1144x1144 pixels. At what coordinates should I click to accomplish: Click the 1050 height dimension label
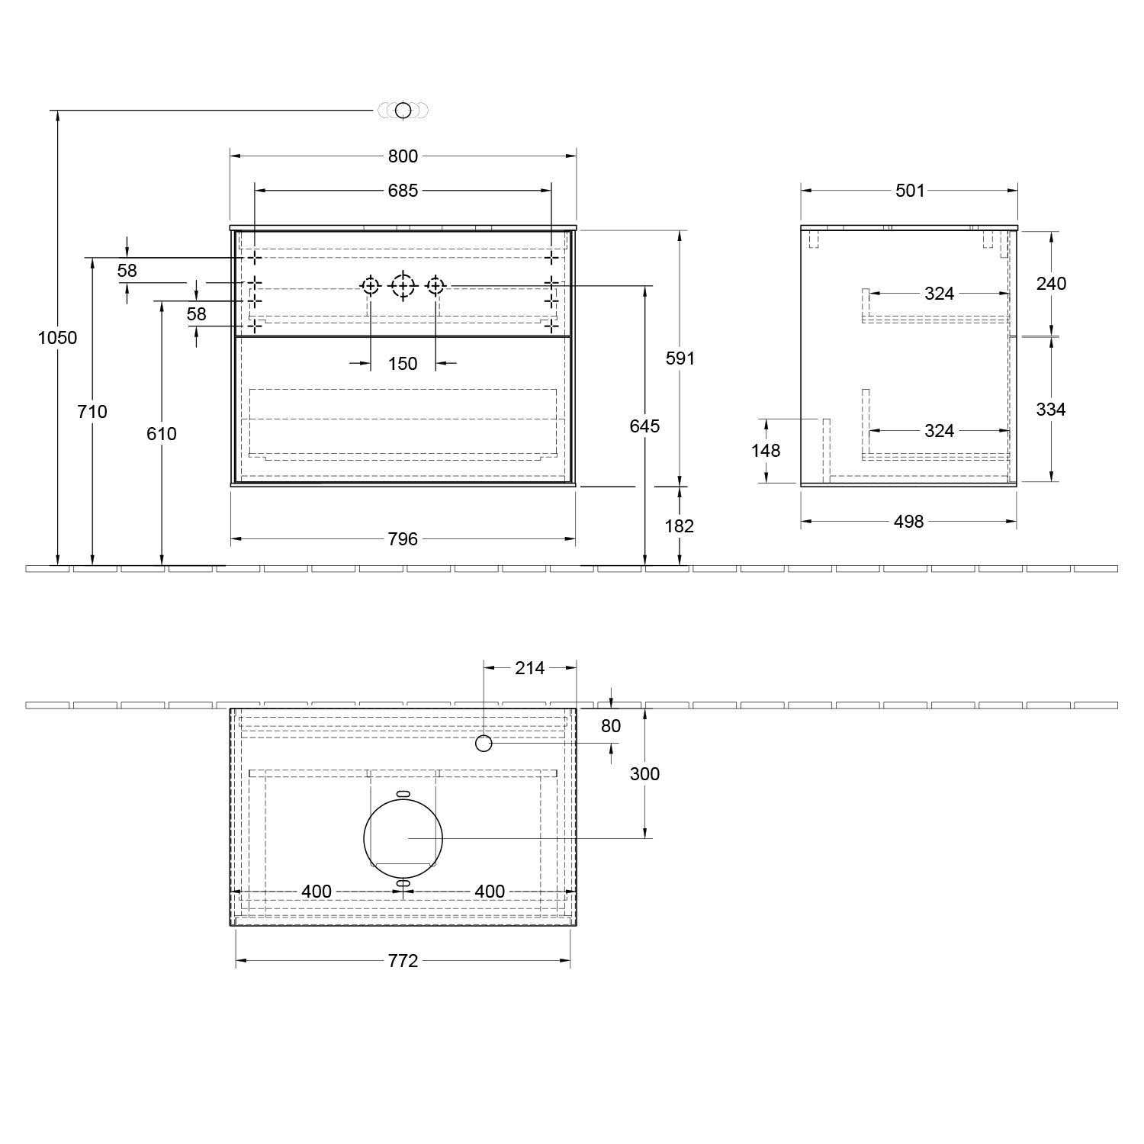click(x=58, y=337)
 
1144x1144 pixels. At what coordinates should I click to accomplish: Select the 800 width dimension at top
click(x=403, y=156)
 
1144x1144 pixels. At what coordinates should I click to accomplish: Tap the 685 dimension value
click(x=403, y=191)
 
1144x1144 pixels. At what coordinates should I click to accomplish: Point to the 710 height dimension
click(x=92, y=412)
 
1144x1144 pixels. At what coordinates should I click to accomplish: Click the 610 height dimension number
click(x=162, y=434)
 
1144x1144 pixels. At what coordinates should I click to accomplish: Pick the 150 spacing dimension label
click(x=403, y=364)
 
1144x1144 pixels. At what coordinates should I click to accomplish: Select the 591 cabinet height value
click(x=680, y=358)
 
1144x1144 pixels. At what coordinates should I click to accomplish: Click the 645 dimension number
click(x=645, y=426)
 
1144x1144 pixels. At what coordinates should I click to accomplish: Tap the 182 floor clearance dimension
click(x=680, y=525)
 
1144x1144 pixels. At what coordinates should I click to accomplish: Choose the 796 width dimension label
click(x=403, y=539)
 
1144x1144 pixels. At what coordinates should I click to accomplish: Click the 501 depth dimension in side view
click(x=910, y=191)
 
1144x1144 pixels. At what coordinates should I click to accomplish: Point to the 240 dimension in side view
click(x=1051, y=284)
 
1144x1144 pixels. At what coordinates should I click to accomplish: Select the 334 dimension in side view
click(x=1051, y=410)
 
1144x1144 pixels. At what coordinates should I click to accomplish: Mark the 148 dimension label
click(x=766, y=451)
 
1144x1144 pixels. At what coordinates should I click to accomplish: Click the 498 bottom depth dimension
click(x=908, y=522)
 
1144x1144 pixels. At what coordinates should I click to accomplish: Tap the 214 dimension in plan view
click(x=530, y=668)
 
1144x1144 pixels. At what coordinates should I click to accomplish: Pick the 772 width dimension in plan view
click(x=403, y=961)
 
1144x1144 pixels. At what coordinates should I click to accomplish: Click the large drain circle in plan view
click(x=403, y=837)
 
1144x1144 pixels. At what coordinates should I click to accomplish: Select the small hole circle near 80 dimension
click(x=484, y=743)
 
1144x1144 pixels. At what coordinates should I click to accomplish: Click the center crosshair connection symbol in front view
click(x=403, y=286)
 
